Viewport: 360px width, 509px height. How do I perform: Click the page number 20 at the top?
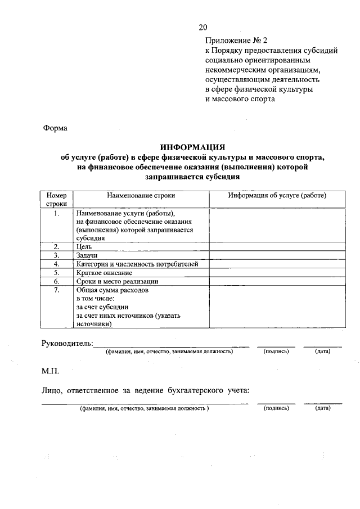pyautogui.click(x=203, y=28)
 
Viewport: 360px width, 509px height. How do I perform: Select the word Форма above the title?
pyautogui.click(x=55, y=128)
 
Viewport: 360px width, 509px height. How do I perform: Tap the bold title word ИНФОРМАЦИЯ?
pyautogui.click(x=192, y=147)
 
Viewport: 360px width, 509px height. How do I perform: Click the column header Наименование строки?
pyautogui.click(x=141, y=196)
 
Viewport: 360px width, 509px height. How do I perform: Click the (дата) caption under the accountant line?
pyautogui.click(x=323, y=409)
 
